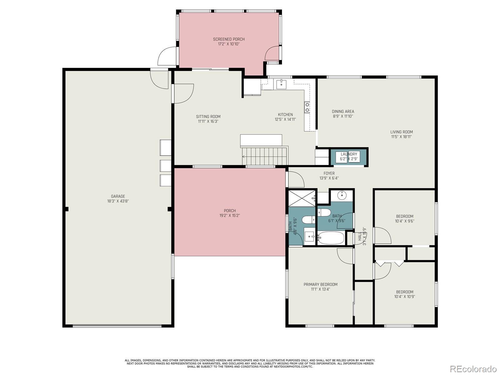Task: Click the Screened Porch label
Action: click(x=229, y=39)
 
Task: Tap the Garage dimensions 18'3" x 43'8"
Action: click(x=118, y=201)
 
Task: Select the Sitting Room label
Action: click(x=208, y=117)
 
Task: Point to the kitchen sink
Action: click(x=282, y=84)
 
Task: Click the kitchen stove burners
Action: click(x=307, y=107)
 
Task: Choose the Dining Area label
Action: click(x=343, y=111)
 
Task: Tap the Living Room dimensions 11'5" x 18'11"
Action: click(x=401, y=137)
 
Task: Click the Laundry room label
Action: click(x=349, y=154)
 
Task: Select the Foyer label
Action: click(x=329, y=173)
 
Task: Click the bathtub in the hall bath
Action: click(x=331, y=238)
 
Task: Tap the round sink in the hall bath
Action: click(x=342, y=195)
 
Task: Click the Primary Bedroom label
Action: click(x=320, y=284)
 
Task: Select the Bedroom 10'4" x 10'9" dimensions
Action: click(x=405, y=297)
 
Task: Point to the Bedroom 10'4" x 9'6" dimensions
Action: click(x=405, y=221)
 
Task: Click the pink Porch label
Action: click(x=230, y=211)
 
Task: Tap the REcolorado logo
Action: click(x=473, y=368)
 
